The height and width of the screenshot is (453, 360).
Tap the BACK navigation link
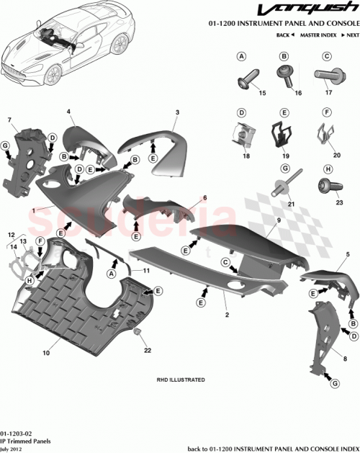pyautogui.click(x=284, y=35)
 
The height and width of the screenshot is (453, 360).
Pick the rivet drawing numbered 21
pyautogui.click(x=284, y=184)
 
